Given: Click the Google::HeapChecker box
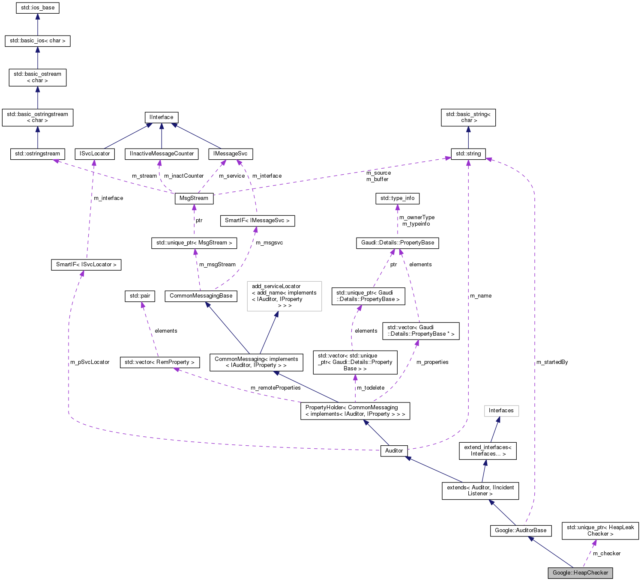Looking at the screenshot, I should pyautogui.click(x=580, y=573).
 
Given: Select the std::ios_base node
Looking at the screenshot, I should pyautogui.click(x=38, y=8).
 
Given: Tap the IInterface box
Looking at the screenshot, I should pyautogui.click(x=162, y=117).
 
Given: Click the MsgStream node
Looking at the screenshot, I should pyautogui.click(x=194, y=198).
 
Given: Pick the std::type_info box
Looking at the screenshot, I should pyautogui.click(x=398, y=198).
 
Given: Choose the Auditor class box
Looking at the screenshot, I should pyautogui.click(x=394, y=450).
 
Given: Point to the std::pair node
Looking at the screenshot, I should pyautogui.click(x=140, y=296).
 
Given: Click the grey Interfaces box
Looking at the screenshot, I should pyautogui.click(x=501, y=411).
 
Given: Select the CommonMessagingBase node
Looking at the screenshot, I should pyautogui.click(x=201, y=296).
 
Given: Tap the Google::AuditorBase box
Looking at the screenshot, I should pyautogui.click(x=521, y=530).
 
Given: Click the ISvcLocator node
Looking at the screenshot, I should pyautogui.click(x=95, y=154).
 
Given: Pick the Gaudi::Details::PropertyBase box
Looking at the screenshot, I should pyautogui.click(x=398, y=243).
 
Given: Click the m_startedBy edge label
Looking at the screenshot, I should pyautogui.click(x=552, y=362).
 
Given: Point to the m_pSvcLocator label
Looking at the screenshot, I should pyautogui.click(x=90, y=362).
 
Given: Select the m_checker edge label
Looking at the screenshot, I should pyautogui.click(x=606, y=554).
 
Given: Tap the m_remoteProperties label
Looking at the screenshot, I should pyautogui.click(x=276, y=388).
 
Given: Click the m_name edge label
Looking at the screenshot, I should pyautogui.click(x=481, y=296).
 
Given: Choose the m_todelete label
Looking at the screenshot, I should pyautogui.click(x=371, y=388).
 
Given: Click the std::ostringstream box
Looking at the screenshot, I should pyautogui.click(x=38, y=154).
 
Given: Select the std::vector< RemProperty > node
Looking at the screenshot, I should pyautogui.click(x=159, y=362).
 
